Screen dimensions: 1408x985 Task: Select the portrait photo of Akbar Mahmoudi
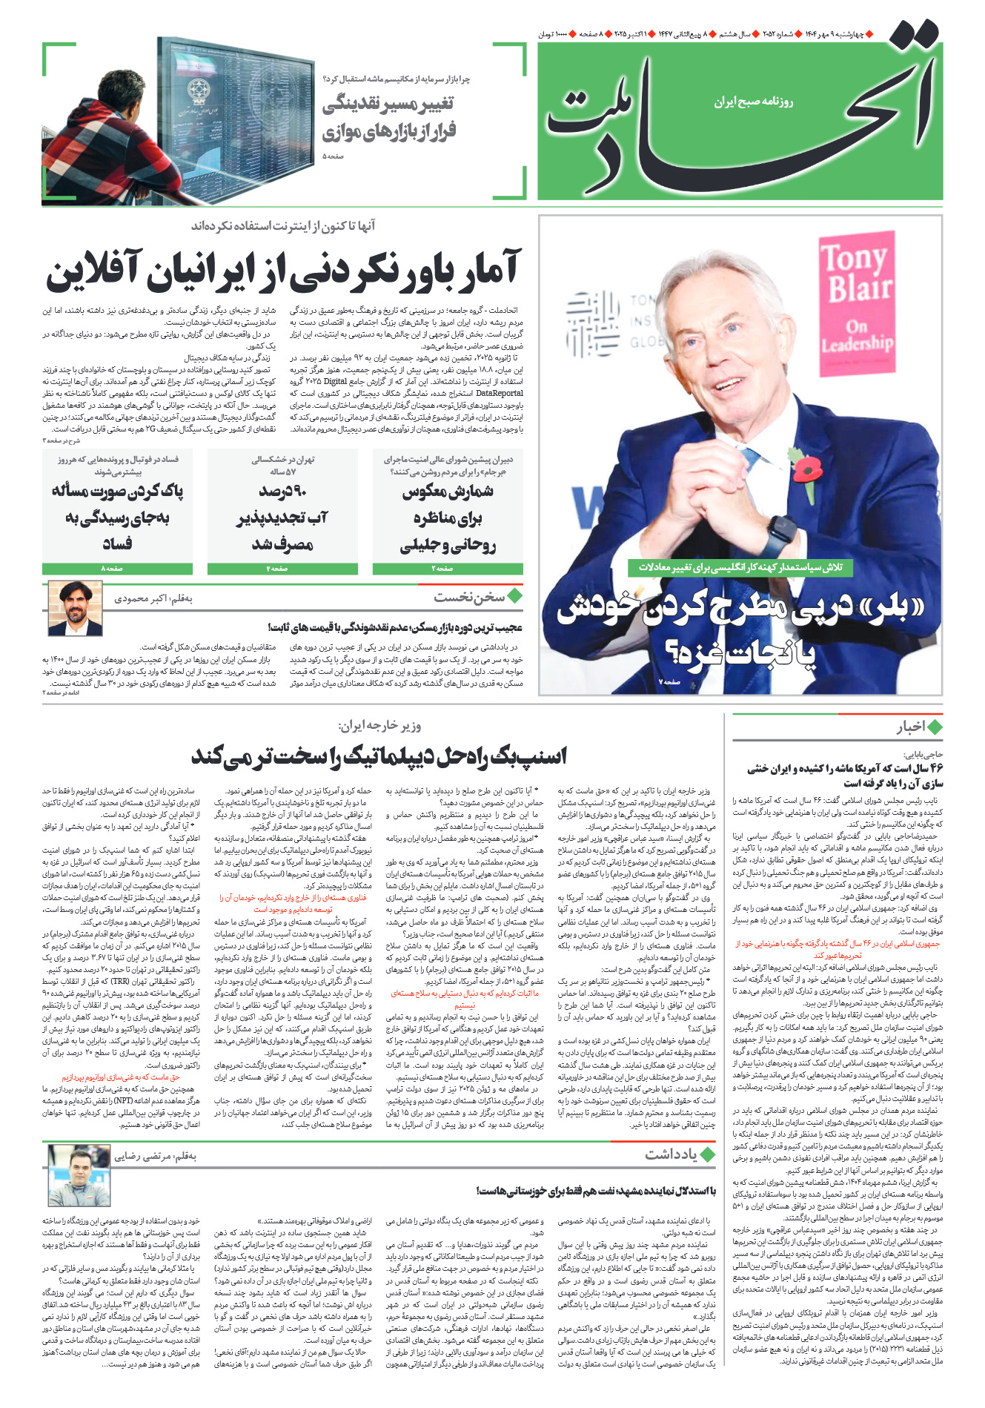point(75,608)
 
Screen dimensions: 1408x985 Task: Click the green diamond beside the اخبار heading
point(935,727)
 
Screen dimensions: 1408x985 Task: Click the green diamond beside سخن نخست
point(515,595)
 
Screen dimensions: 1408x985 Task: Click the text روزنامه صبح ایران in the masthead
point(753,102)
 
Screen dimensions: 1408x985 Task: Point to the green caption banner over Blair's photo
point(740,567)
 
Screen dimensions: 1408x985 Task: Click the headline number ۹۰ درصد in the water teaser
point(282,491)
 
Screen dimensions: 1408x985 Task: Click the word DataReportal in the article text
point(499,393)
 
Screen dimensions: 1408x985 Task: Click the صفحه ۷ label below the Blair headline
point(669,681)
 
